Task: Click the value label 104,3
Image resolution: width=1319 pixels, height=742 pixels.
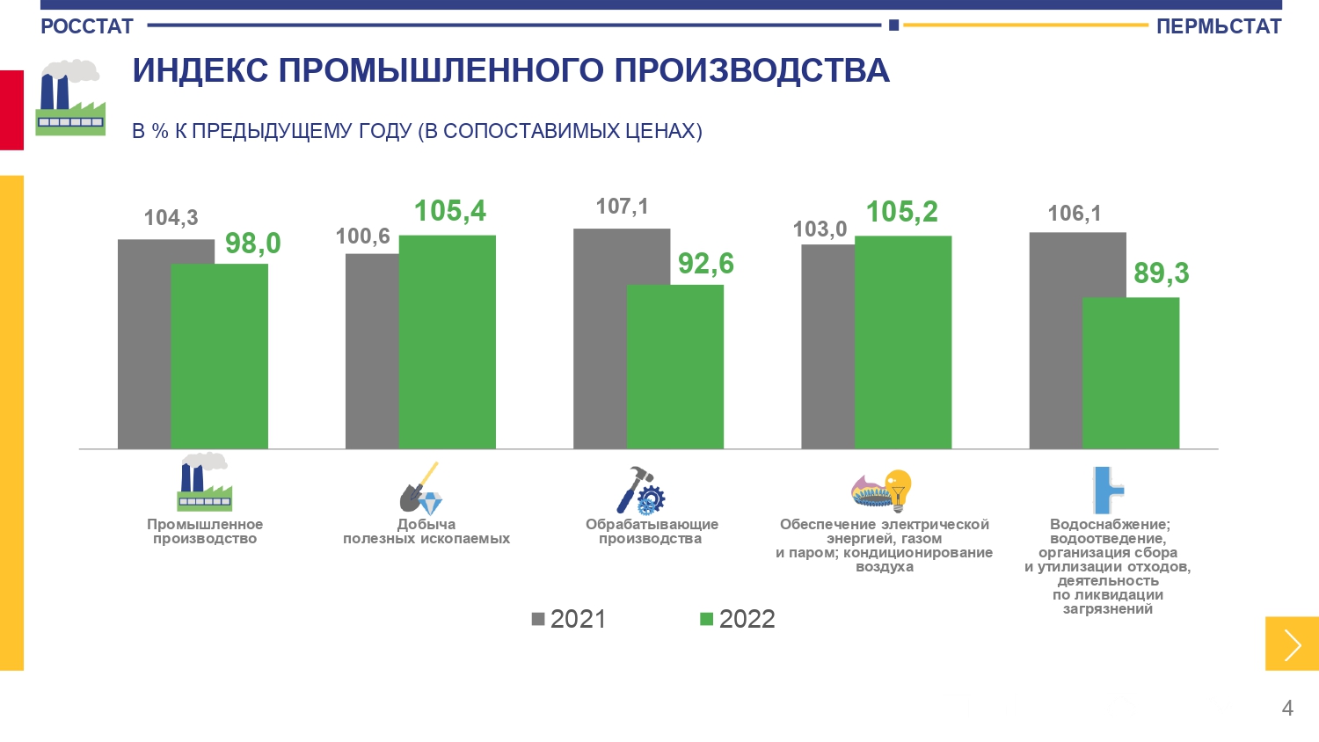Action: pos(171,218)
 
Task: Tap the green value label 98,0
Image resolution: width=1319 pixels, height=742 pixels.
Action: pos(252,244)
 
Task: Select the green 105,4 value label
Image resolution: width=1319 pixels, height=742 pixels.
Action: pos(449,211)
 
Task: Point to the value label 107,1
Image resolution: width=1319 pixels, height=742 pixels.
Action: pos(622,207)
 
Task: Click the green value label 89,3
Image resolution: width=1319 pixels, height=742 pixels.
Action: pos(1161,273)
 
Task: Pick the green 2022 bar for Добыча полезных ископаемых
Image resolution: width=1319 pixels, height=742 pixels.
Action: pos(448,342)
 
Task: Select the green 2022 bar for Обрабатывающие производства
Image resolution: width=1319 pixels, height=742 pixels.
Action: pos(675,367)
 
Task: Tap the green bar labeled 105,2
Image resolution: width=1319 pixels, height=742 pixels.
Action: pos(903,342)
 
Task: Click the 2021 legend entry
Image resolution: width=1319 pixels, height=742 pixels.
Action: pos(569,619)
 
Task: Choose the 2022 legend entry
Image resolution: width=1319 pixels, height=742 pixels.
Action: pos(738,619)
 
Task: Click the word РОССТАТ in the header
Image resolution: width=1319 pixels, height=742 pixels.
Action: pos(87,26)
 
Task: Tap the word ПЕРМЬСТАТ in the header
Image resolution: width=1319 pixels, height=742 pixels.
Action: pos(1219,26)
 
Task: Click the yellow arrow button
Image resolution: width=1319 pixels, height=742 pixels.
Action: pos(1292,644)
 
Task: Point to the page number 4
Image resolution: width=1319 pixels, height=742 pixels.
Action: pos(1287,709)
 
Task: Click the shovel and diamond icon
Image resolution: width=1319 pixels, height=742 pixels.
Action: pos(421,490)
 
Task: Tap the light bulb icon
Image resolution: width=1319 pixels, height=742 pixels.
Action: pos(898,488)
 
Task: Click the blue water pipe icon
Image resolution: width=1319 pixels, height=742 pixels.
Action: pos(1107,490)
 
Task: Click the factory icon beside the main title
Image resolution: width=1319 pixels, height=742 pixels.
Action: pos(70,98)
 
